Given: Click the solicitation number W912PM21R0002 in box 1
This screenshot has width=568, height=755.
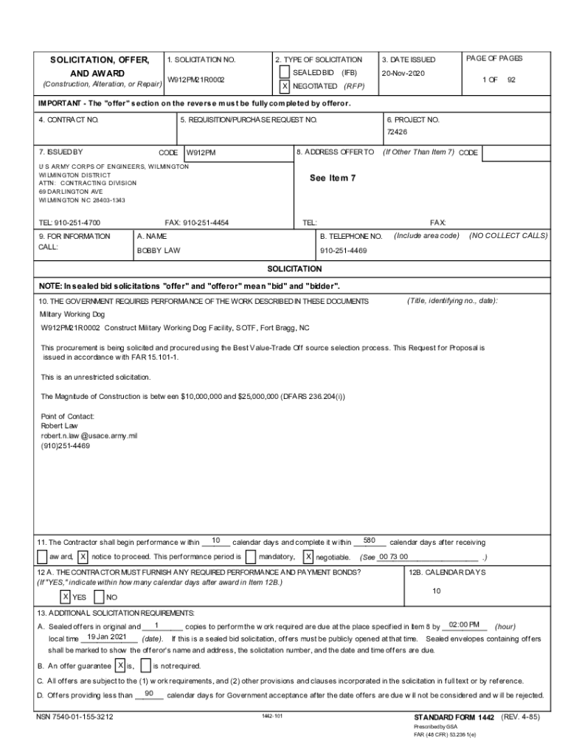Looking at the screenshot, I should [195, 79].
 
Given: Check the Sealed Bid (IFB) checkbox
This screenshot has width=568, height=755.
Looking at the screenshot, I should [285, 73].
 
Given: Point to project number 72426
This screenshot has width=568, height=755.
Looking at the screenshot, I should [397, 133].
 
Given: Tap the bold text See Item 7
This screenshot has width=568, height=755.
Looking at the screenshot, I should [333, 178].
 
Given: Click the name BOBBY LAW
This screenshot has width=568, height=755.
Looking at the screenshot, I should [159, 251].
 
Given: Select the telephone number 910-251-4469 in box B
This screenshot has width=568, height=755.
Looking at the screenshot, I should [343, 251].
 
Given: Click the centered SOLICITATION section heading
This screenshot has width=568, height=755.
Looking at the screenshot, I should [294, 269].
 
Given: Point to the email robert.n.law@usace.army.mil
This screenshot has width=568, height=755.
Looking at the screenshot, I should [89, 436].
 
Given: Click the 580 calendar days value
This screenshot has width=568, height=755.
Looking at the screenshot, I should [370, 541].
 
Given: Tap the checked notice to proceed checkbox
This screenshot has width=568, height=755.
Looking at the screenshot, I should [83, 557].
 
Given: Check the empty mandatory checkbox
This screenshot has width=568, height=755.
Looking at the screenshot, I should [251, 557].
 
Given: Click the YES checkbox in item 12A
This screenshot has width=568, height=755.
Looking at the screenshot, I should [66, 596].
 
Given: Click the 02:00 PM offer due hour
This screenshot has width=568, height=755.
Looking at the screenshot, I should [464, 625].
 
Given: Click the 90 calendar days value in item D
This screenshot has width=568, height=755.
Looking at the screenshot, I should [149, 694].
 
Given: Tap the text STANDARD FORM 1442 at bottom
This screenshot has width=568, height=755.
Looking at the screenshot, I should [454, 717].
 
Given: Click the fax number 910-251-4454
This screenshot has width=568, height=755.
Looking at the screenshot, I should [197, 222].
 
